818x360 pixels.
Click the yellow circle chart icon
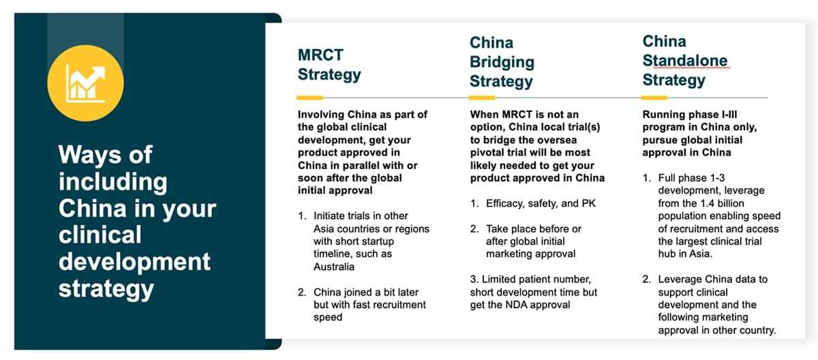pyautogui.click(x=85, y=83)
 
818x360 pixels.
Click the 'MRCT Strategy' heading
pyautogui.click(x=329, y=65)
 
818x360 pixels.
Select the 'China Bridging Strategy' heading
pyautogui.click(x=502, y=61)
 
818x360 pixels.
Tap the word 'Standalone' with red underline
pyautogui.click(x=684, y=61)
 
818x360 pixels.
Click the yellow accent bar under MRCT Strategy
pyautogui.click(x=309, y=98)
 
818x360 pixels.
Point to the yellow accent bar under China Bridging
pyautogui.click(x=482, y=98)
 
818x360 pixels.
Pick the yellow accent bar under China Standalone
pyautogui.click(x=654, y=98)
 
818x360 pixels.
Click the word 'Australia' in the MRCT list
pyautogui.click(x=334, y=267)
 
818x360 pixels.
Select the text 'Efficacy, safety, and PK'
pyautogui.click(x=541, y=203)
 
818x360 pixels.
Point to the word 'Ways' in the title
pyautogui.click(x=90, y=155)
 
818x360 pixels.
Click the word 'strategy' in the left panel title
pyautogui.click(x=106, y=290)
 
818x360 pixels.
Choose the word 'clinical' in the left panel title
pyautogui.click(x=100, y=235)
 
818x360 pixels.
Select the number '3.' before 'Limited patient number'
pyautogui.click(x=474, y=280)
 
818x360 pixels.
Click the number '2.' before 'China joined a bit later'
pyautogui.click(x=302, y=292)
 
